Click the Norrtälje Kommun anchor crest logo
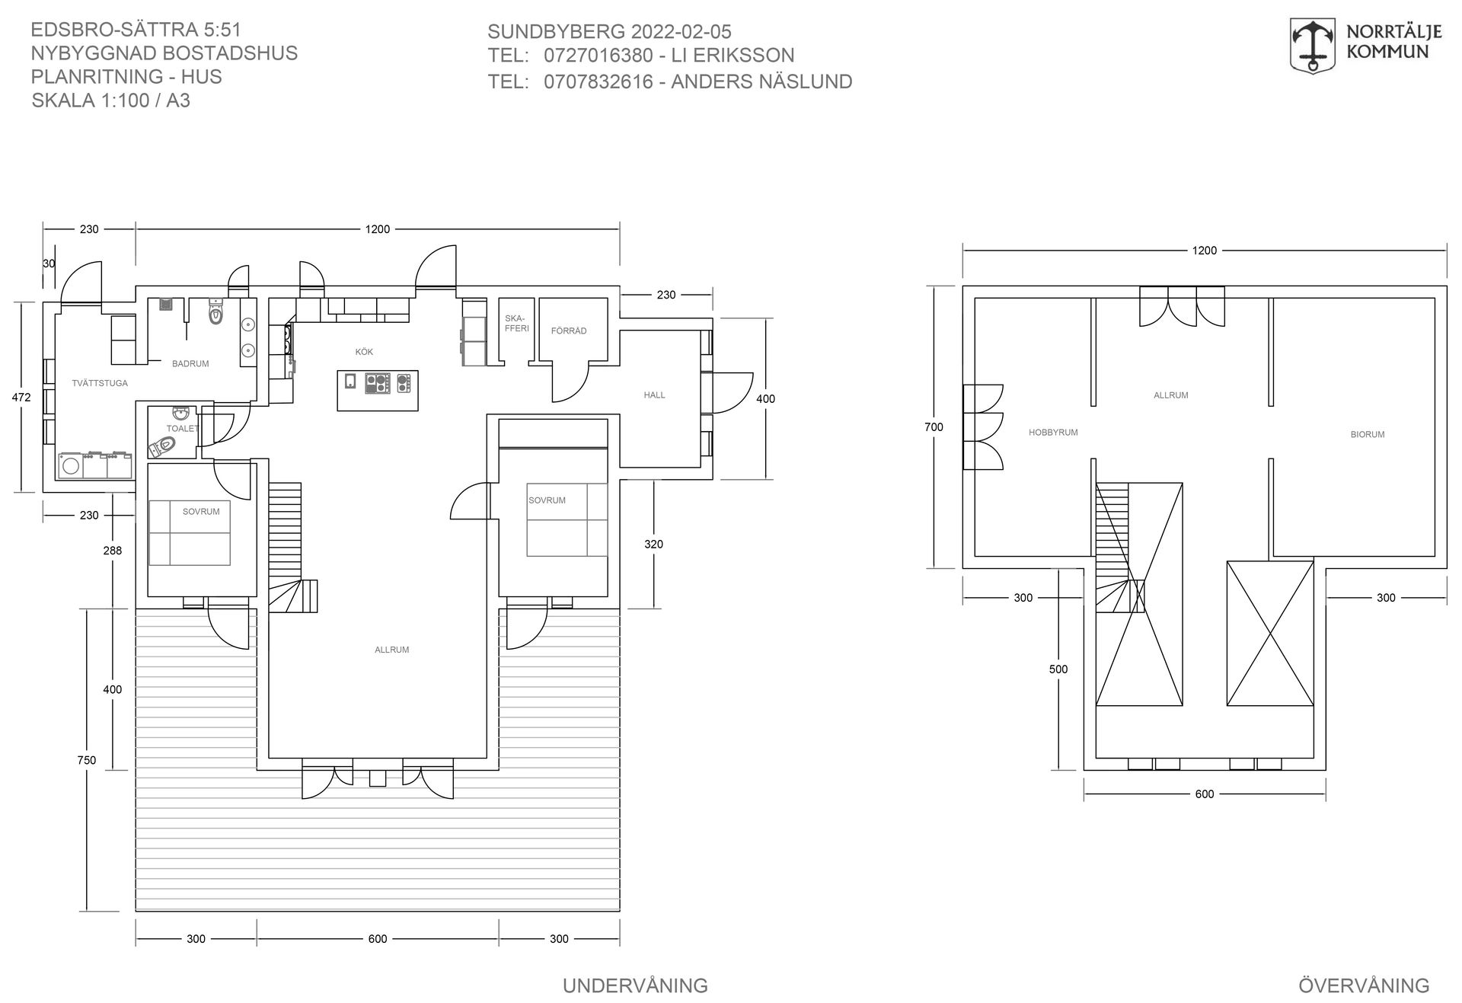point(1312,45)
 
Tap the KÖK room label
point(364,352)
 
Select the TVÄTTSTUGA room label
point(100,383)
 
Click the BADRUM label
point(190,364)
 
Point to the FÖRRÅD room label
point(569,331)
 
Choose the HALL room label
point(654,395)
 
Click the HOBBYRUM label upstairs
point(1053,433)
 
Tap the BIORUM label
point(1368,435)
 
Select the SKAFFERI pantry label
point(516,324)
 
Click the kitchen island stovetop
point(378,382)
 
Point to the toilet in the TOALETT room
point(162,446)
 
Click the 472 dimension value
point(22,397)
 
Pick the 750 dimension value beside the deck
point(87,760)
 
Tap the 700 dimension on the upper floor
point(934,427)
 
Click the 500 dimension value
point(1058,669)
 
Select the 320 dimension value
point(653,545)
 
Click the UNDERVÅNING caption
point(635,985)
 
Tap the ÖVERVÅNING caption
point(1364,985)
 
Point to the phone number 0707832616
point(599,81)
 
